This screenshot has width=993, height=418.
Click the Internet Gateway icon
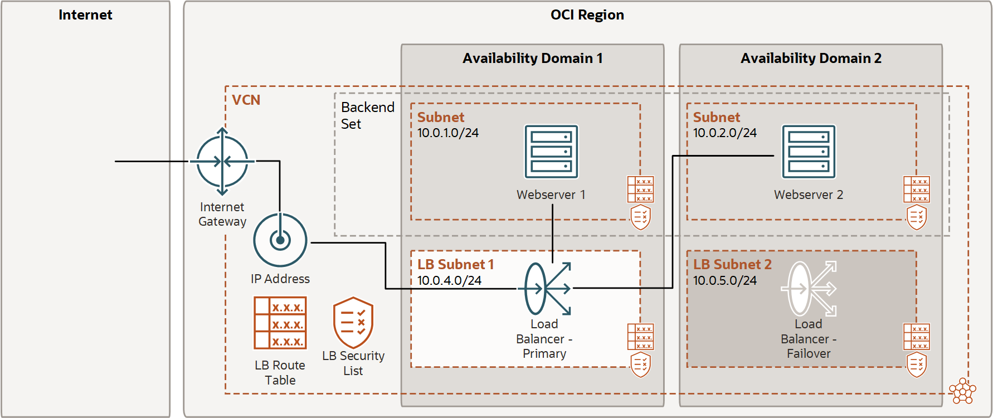[222, 162]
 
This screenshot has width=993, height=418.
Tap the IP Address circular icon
[280, 240]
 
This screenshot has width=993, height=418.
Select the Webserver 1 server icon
[551, 152]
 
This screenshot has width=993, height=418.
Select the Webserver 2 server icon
[809, 152]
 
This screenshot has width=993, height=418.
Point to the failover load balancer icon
[809, 289]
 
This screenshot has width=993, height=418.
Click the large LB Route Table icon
[280, 323]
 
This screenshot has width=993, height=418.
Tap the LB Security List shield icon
[353, 323]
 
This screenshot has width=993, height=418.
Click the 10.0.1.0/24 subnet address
[448, 133]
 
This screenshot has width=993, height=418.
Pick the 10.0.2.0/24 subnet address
[724, 133]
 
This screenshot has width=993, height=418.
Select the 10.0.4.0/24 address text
[449, 280]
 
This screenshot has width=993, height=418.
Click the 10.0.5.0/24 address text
[724, 280]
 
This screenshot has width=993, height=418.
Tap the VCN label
[246, 100]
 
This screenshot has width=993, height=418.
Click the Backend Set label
[367, 115]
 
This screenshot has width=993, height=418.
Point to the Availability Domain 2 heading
[811, 59]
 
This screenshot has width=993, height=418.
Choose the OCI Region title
[587, 15]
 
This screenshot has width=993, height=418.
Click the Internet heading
[85, 15]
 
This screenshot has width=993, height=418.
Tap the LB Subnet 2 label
[732, 264]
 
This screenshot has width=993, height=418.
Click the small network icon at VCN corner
[962, 391]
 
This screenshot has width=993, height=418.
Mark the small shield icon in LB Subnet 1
[640, 365]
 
